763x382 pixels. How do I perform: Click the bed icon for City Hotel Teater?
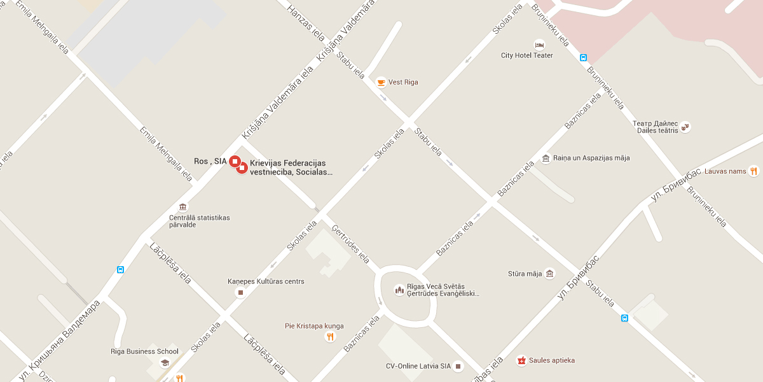coord(540,45)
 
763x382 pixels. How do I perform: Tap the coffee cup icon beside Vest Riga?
coord(381,82)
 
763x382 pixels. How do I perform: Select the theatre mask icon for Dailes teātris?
coord(685,127)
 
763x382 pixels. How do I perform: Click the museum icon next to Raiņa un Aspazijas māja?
coord(546,158)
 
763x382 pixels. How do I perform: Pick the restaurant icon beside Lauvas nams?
coord(753,171)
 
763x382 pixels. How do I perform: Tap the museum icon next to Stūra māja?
coord(550,274)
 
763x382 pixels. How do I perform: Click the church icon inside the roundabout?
coord(399,290)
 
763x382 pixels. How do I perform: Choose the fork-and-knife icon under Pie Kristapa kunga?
coord(329,337)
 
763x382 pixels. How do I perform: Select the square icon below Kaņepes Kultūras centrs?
coord(240,292)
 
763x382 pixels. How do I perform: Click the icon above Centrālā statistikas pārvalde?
coord(183,207)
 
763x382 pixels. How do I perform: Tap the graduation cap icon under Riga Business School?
coord(165,363)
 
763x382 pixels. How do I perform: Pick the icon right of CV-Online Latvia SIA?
coord(458,366)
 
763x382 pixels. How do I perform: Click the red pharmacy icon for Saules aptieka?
coord(521,360)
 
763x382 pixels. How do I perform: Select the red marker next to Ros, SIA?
coord(234,161)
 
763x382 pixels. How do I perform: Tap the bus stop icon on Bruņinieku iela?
coord(583,57)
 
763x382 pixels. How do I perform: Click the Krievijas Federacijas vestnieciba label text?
coord(292,167)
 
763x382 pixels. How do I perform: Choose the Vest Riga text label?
coord(403,82)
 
